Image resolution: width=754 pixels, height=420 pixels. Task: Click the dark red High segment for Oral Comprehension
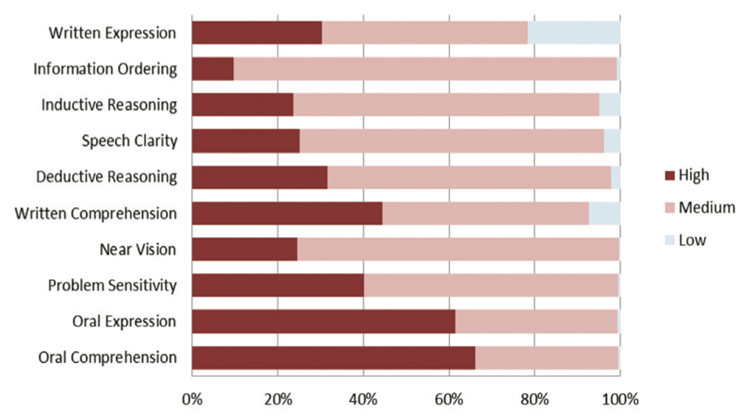[x=334, y=358]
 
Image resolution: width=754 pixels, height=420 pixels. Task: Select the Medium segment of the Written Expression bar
[x=425, y=33]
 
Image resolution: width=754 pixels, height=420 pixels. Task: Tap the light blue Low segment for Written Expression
[x=574, y=33]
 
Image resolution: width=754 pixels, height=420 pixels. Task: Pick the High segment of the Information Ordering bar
[x=213, y=69]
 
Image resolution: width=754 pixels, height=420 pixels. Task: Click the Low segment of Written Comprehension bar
[x=605, y=213]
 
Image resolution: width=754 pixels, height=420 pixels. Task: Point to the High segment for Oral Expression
[x=323, y=322]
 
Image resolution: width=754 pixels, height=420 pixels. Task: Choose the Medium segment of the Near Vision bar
[x=459, y=249]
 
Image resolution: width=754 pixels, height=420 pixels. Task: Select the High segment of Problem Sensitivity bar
[x=278, y=286]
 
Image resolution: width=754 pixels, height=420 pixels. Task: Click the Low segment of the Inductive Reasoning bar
[x=609, y=105]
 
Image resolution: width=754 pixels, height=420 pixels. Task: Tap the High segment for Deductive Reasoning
[x=259, y=177]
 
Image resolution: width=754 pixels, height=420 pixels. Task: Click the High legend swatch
[x=670, y=176]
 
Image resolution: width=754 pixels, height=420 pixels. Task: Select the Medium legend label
[x=707, y=208]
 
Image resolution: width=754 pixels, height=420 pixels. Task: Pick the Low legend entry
[x=685, y=240]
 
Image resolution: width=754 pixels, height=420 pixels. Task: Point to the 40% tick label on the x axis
[x=363, y=400]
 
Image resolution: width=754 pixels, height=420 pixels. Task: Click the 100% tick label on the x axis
[x=620, y=400]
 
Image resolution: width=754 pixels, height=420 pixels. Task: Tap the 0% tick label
[x=192, y=400]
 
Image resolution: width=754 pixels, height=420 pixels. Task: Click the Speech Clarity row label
[x=130, y=141]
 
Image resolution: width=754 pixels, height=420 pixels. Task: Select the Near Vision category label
[x=138, y=249]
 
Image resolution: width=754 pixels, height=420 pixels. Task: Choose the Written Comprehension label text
[x=95, y=213]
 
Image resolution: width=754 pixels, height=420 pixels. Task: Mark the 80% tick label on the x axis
[x=534, y=400]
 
